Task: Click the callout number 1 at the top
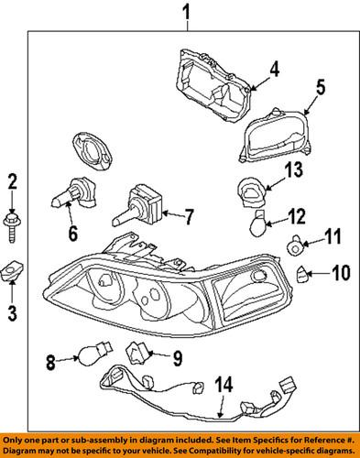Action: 186,13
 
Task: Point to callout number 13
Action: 292,169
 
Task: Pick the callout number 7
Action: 190,218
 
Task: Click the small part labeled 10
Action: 301,271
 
